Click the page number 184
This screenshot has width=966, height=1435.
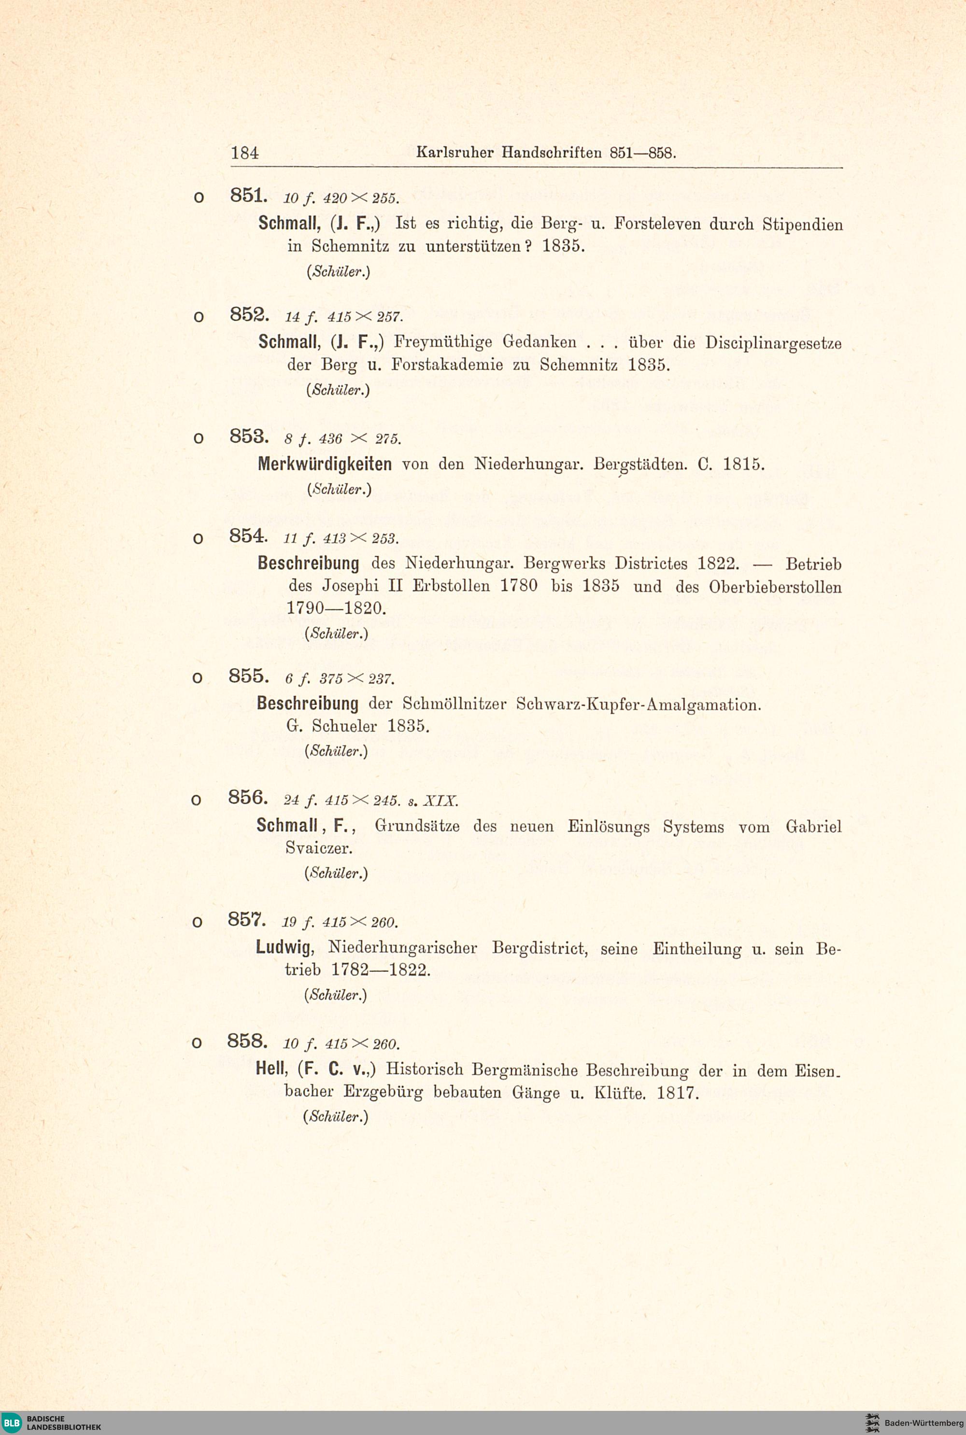point(244,153)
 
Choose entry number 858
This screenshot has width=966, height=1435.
point(247,1041)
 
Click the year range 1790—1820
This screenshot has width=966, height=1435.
point(336,608)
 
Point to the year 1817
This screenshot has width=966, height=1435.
point(678,1093)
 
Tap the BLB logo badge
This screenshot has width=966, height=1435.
point(12,1422)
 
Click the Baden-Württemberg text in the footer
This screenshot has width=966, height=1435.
point(923,1422)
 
